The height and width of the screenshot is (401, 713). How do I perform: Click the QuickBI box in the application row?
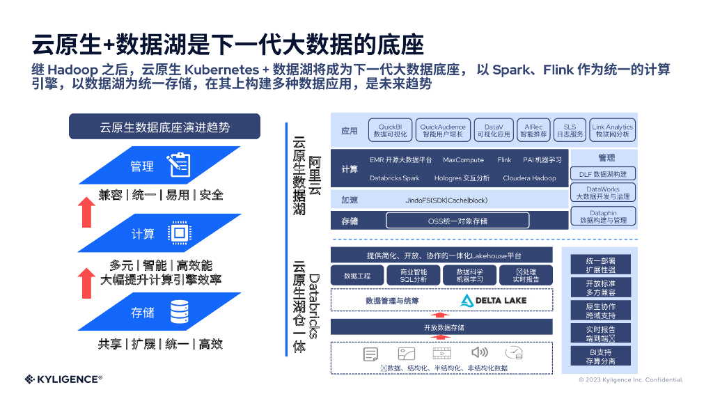(391, 130)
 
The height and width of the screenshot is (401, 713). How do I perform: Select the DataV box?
(494, 130)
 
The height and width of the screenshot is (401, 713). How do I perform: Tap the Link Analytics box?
(612, 130)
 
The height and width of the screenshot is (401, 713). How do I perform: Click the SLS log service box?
(570, 130)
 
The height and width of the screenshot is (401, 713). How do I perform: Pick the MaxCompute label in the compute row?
(463, 160)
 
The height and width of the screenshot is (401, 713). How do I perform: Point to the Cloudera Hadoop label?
(529, 178)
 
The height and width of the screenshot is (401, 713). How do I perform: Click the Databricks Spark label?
(395, 178)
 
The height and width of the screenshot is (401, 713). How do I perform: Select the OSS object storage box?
(457, 221)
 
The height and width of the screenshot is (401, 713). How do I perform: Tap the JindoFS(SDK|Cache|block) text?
(446, 200)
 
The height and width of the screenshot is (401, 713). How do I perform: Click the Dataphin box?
(603, 217)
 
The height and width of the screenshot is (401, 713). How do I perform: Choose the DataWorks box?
(603, 193)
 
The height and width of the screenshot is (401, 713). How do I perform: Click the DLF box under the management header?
(603, 174)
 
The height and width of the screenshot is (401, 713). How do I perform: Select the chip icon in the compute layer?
(179, 233)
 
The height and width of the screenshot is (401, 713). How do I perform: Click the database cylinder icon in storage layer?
(180, 311)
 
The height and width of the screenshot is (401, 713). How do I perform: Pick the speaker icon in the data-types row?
(480, 353)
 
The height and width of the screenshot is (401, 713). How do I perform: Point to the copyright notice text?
(631, 380)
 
